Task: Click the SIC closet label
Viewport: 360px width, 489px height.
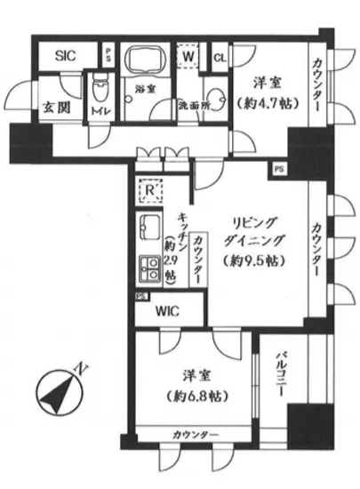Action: click(66, 55)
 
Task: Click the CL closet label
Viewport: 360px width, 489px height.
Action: click(219, 59)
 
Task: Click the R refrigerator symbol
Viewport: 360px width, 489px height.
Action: click(151, 189)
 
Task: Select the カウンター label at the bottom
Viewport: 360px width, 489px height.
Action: click(192, 434)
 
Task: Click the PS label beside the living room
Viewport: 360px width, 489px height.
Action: click(279, 167)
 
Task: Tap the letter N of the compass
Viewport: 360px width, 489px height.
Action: click(82, 367)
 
